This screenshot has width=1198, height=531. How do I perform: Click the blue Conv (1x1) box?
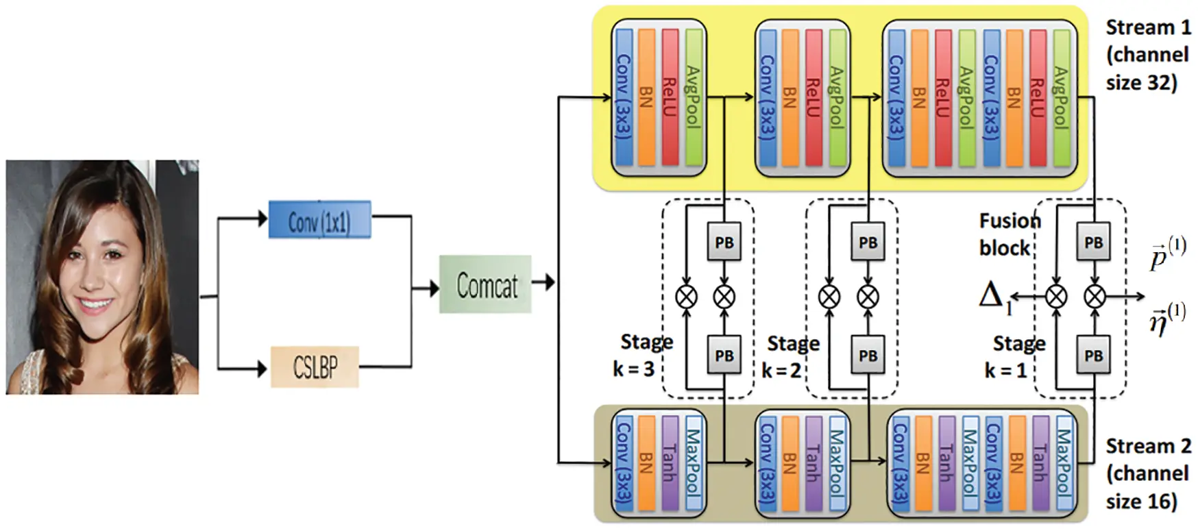pos(319,220)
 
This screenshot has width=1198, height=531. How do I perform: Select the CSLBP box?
pos(315,367)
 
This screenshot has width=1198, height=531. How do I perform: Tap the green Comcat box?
pos(485,284)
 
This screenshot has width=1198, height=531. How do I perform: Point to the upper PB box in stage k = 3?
pos(724,243)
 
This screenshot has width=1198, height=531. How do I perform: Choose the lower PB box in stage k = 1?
pos(1093,356)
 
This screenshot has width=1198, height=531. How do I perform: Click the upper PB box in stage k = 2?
pos(868,243)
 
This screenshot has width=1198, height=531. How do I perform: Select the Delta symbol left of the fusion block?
pos(992,296)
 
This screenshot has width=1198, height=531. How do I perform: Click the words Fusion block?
pos(1007,234)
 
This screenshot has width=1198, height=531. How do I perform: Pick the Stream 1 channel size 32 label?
pos(1147,55)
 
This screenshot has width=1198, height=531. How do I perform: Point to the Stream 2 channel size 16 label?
pos(1147,473)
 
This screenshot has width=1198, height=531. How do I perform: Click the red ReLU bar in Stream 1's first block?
pos(670,97)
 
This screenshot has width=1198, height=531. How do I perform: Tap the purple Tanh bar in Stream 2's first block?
pos(670,463)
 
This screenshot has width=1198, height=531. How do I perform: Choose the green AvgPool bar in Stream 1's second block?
pos(837,97)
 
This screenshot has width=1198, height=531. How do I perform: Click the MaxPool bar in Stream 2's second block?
pos(837,463)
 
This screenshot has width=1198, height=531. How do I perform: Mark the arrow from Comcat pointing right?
pos(543,282)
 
